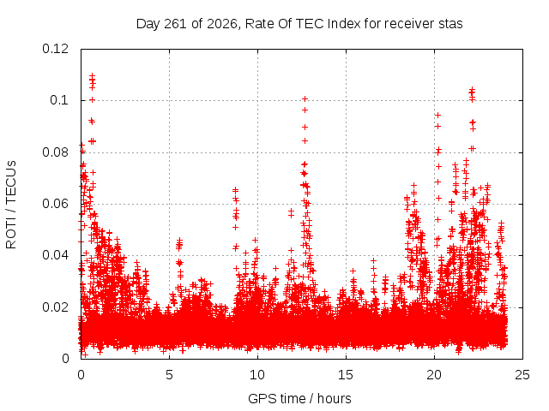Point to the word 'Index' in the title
(x=344, y=24)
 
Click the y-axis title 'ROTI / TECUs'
(x=11, y=205)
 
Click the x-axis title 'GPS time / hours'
(x=299, y=399)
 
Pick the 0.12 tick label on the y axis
(x=55, y=49)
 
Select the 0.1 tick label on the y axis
(x=59, y=100)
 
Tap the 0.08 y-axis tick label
(x=55, y=152)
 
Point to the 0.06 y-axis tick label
(x=55, y=204)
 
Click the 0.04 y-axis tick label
(x=55, y=255)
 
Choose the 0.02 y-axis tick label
(x=55, y=307)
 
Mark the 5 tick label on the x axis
(x=170, y=375)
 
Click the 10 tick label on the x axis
(x=257, y=375)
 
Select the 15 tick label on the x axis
(x=346, y=375)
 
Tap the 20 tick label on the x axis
(x=434, y=375)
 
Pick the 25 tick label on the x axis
(x=522, y=375)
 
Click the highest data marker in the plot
(x=92, y=75)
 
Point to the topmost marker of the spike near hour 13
(x=305, y=99)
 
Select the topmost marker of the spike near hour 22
(x=472, y=89)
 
